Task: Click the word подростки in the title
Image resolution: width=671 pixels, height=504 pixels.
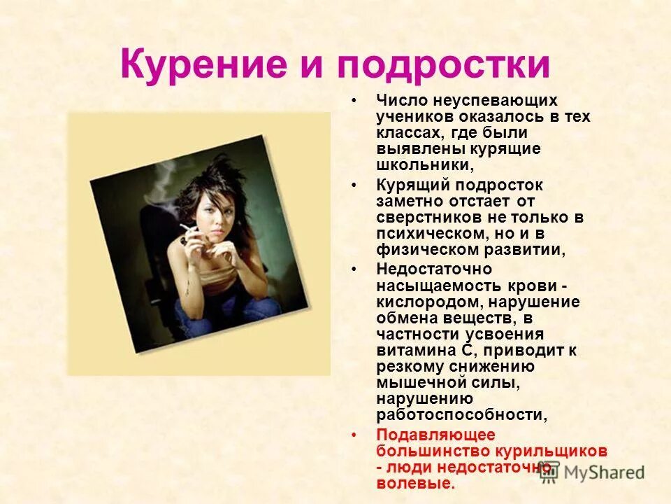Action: (444, 65)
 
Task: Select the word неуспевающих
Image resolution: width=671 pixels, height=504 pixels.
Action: (493, 100)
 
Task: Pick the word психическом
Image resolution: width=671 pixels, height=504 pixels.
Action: (430, 233)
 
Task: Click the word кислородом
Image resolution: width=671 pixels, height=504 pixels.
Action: (429, 302)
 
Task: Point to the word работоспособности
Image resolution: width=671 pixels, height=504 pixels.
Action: (461, 415)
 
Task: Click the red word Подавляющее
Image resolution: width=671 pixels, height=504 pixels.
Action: (435, 435)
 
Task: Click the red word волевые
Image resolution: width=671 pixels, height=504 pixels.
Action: (415, 483)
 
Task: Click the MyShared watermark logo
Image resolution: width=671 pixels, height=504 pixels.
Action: (593, 472)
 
